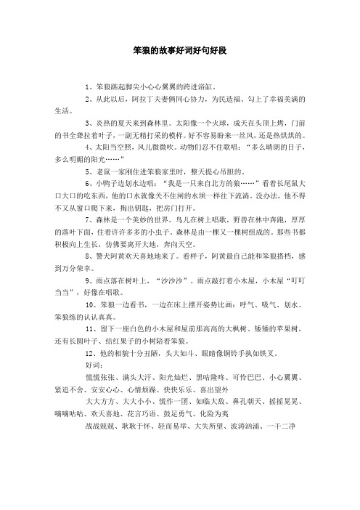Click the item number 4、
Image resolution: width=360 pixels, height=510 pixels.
pos(90,145)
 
